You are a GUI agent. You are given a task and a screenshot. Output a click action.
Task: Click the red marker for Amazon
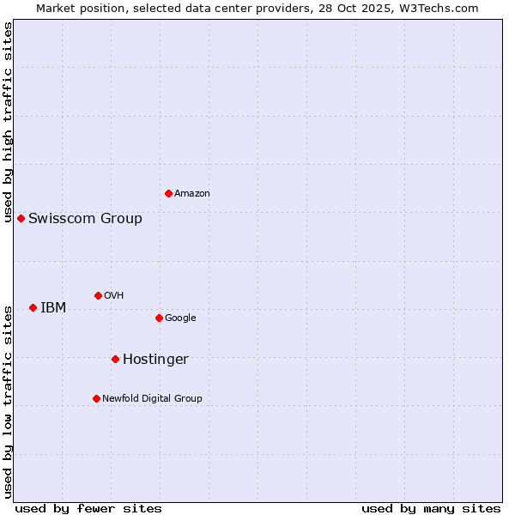click(x=168, y=193)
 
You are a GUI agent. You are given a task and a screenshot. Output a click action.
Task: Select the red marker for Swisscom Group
click(x=21, y=218)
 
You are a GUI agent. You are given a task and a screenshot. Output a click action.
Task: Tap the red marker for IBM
click(x=33, y=307)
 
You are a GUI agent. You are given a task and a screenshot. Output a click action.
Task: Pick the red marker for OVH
click(x=98, y=295)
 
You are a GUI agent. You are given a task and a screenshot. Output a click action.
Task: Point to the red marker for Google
click(x=159, y=318)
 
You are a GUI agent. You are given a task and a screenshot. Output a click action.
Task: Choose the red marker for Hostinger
click(x=115, y=359)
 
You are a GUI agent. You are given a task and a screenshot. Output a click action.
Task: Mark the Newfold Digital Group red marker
click(x=96, y=398)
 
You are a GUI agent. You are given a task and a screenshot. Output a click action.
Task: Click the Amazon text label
click(x=192, y=194)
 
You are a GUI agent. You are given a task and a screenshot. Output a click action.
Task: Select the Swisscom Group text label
click(x=85, y=219)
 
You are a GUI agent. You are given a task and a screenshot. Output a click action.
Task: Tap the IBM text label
click(x=53, y=308)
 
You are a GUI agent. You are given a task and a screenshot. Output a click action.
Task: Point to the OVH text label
click(x=114, y=296)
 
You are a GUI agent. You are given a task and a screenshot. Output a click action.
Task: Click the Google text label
click(x=180, y=318)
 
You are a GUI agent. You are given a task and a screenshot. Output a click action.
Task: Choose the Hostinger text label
click(x=155, y=360)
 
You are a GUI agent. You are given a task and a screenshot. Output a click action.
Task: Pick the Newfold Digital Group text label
click(x=152, y=399)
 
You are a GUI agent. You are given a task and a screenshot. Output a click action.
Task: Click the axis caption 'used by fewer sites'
click(x=88, y=508)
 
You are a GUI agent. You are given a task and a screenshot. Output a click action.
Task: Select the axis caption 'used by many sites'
click(x=431, y=508)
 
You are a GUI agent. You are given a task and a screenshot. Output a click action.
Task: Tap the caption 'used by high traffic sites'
click(x=8, y=122)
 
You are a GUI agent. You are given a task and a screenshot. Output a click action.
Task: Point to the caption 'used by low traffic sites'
click(x=8, y=401)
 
